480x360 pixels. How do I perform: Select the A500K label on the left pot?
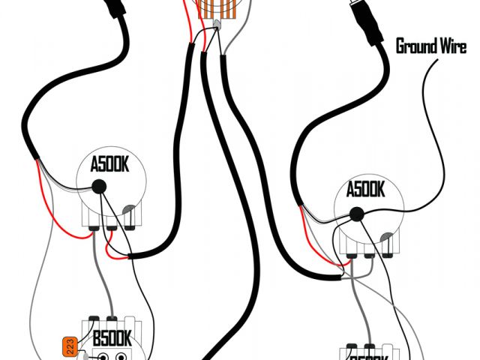click(x=110, y=164)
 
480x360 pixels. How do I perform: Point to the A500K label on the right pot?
click(x=365, y=189)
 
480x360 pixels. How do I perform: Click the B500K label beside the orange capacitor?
click(x=112, y=339)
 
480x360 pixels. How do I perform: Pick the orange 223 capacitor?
click(x=70, y=346)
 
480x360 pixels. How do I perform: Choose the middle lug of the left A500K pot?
click(x=111, y=223)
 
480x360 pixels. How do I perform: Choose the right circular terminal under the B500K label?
click(x=119, y=355)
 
